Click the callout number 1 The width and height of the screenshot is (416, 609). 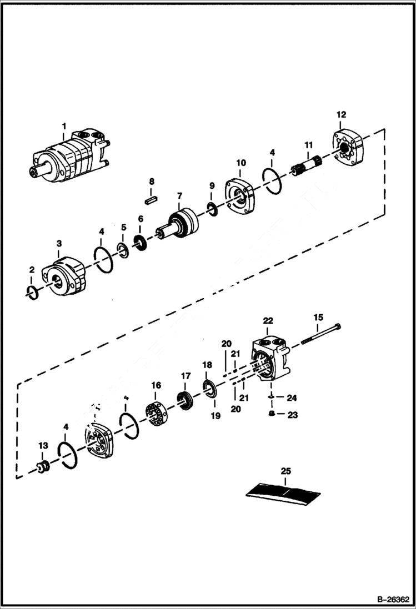[64, 126]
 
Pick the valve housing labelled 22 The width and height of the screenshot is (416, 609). [271, 361]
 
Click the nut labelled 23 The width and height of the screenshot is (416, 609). [271, 414]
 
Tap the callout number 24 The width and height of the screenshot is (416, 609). [292, 397]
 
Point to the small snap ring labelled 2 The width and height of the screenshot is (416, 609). [32, 291]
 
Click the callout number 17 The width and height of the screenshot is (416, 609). [186, 375]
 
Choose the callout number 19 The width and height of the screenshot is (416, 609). [214, 415]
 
